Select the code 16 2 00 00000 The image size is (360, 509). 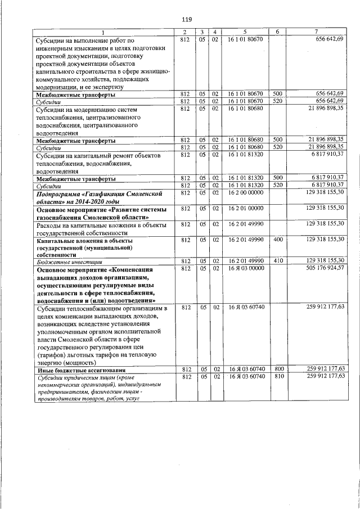tap(246, 192)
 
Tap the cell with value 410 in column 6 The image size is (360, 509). tap(277, 260)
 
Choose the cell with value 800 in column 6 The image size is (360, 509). tap(278, 369)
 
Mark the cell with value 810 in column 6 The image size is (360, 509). tap(278, 376)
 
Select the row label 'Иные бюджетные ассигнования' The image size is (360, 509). tap(73, 370)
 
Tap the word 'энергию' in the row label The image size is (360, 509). tap(50, 362)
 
